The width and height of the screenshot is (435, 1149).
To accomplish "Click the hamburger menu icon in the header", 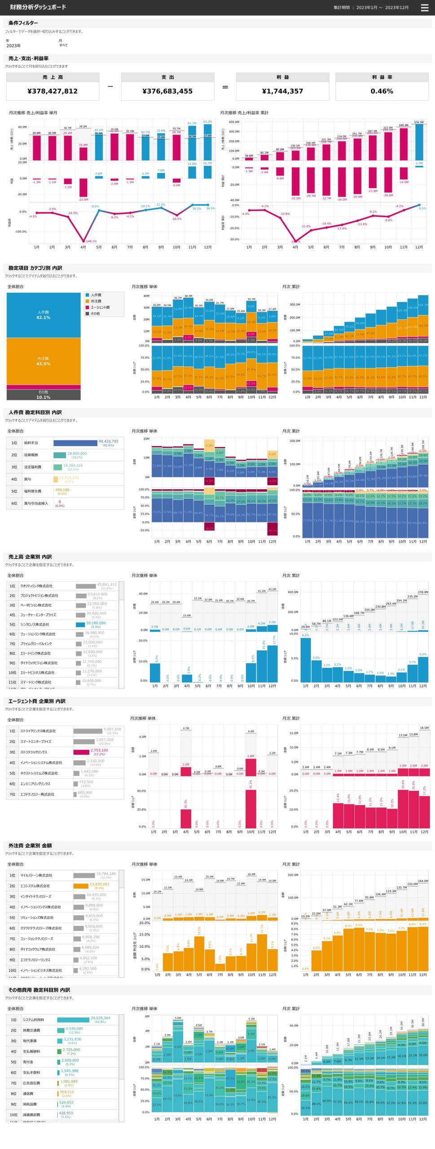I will [x=424, y=8].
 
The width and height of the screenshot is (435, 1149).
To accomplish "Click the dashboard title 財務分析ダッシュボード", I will [x=38, y=7].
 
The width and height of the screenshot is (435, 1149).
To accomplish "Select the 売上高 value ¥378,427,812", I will [x=53, y=91].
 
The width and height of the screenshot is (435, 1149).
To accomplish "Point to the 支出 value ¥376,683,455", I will [x=167, y=91].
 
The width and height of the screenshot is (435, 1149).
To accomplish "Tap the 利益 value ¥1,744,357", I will [x=282, y=91].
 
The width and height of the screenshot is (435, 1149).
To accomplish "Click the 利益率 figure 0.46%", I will [x=382, y=91].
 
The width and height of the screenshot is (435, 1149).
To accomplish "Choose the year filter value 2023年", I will [x=13, y=46].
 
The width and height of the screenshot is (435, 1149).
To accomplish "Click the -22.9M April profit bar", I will [x=83, y=187].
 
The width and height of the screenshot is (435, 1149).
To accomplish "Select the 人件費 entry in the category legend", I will [x=96, y=295].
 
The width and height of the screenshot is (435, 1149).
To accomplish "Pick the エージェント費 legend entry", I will [x=100, y=307].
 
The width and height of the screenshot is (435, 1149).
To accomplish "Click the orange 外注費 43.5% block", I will [x=44, y=361].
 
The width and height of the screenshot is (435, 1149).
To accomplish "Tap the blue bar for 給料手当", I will [x=75, y=443].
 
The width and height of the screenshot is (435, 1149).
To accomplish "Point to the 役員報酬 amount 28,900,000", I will [x=77, y=453].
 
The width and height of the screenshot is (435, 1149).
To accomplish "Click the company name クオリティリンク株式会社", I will [x=36, y=586].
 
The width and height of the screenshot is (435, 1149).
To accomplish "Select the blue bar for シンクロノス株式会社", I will [x=80, y=624].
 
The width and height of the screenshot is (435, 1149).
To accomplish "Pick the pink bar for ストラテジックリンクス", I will [x=81, y=752].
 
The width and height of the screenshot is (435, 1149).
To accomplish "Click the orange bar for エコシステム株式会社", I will [x=81, y=886].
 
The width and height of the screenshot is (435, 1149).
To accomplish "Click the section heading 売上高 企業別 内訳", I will [x=30, y=557].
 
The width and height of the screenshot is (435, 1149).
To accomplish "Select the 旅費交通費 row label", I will [x=31, y=1030].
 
